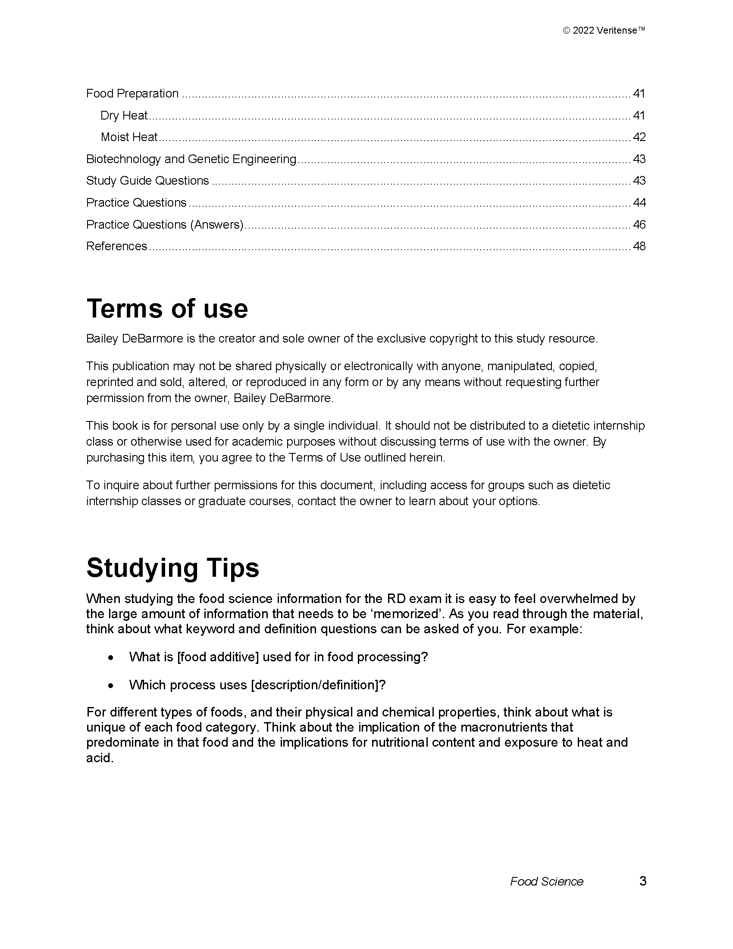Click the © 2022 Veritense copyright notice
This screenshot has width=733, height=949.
pos(604,31)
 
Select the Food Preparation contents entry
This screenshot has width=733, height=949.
pos(132,94)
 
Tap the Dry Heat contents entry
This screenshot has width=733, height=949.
pos(124,115)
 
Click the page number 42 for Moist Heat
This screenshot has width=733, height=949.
pos(639,137)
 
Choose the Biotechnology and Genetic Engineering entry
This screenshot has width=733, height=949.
pos(191,159)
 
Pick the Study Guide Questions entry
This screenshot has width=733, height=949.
pos(147,181)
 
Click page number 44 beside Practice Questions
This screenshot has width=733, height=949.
pos(639,202)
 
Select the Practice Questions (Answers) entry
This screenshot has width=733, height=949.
pos(165,224)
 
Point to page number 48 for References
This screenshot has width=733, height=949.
pos(639,246)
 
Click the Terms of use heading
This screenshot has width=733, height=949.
pos(167,308)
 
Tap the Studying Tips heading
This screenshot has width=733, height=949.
pos(173,568)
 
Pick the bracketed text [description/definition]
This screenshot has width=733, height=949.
pos(318,685)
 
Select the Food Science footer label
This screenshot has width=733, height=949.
pos(546,881)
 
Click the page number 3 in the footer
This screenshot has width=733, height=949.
pos(643,881)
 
